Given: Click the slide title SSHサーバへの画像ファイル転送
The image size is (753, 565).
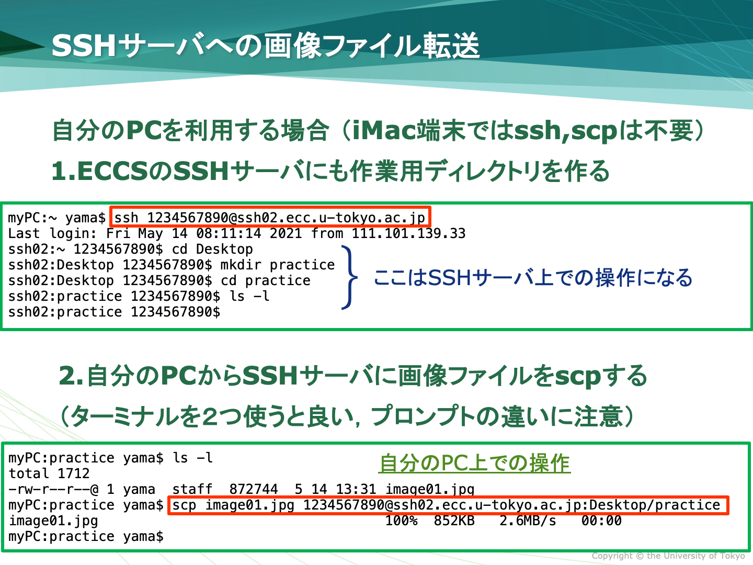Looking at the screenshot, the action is pos(265,46).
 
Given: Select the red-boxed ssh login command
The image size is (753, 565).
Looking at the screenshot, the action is pos(270,217).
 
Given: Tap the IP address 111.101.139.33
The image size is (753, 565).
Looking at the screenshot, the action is pos(408,233).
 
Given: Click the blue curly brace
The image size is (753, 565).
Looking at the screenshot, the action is pos(349,277).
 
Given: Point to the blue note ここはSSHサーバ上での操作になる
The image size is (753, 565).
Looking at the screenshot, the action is pos(532,277).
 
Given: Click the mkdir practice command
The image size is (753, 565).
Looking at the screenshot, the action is pos(277,265).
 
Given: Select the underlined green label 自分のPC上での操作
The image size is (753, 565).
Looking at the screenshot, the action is pos(474,464).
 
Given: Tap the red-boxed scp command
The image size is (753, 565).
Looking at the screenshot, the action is pos(448,505).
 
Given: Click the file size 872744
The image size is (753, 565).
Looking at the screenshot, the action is pos(254,489).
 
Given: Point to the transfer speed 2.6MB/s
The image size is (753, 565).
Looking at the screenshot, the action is pos(528,521).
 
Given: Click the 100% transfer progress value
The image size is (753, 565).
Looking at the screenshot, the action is pos(402,521).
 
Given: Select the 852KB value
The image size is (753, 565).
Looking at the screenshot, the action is pos(454,521).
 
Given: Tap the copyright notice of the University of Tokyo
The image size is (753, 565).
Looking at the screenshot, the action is pos(668,556).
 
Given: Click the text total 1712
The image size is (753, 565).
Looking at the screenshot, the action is pos(49,473).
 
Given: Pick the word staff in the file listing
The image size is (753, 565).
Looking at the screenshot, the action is pos(192,489).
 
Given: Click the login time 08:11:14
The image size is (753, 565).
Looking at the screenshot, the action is pos(229,233).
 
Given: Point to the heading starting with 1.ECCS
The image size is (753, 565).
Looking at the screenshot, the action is pos(330,171).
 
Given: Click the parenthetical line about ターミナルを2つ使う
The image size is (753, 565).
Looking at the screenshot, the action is pos(347,416).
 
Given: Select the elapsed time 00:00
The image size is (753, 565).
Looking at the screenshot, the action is pos(601,521).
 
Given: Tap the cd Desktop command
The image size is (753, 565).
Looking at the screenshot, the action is pos(212,249).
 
